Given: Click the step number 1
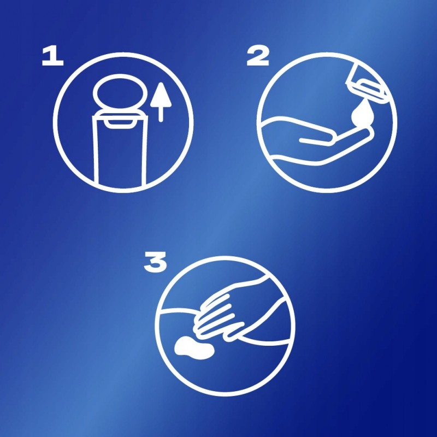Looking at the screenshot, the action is [52, 56].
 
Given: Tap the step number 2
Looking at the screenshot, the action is [258, 56].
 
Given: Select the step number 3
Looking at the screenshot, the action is [155, 262].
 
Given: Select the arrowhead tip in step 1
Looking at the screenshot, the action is [161, 83].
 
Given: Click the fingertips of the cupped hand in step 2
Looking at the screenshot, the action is [368, 132].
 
